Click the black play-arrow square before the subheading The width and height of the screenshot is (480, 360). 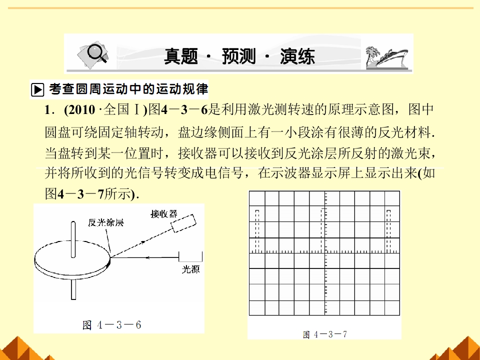coord(37,89)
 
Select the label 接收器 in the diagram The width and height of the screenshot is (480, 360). coord(164,213)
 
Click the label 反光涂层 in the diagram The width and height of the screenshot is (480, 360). coord(105,222)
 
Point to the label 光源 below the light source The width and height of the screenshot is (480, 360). coord(190,269)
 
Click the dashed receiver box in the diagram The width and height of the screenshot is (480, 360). coord(183,223)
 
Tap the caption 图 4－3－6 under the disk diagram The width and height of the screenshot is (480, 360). coord(111,325)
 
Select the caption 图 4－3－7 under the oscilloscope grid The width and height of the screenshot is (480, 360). coord(325,334)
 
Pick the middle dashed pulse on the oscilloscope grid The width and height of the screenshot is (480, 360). coord(323,230)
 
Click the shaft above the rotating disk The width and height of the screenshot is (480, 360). coord(73,239)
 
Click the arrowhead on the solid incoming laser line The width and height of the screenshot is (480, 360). coord(147,258)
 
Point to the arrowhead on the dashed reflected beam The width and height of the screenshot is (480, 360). coord(142,242)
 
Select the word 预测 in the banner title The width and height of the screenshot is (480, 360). coord(238,56)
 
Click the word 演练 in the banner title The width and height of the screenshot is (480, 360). coord(297,56)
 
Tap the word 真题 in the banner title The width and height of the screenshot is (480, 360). coord(181,56)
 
